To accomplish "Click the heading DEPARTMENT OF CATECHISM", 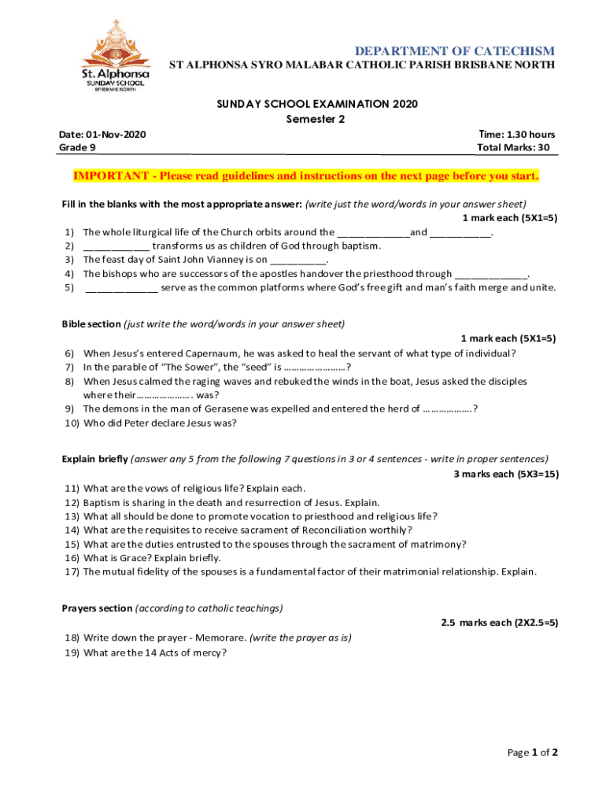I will pyautogui.click(x=456, y=50).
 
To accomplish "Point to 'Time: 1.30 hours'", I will pyautogui.click(x=516, y=135).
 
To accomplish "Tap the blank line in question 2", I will pyautogui.click(x=116, y=246).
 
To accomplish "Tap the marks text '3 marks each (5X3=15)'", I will pyautogui.click(x=506, y=474).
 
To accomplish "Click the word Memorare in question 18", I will pyautogui.click(x=220, y=638).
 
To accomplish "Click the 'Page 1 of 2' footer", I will pyautogui.click(x=532, y=752).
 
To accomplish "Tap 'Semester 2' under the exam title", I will pyautogui.click(x=315, y=120).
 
